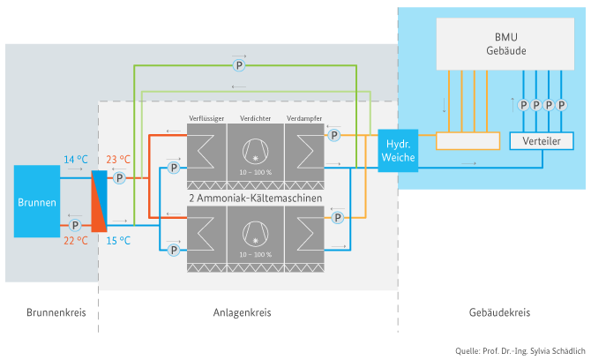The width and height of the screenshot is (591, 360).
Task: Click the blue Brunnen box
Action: click(37, 201)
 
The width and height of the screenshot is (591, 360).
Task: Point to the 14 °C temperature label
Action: click(76, 160)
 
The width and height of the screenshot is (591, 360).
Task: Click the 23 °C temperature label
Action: click(118, 160)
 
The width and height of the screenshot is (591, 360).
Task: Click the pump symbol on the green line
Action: click(237, 65)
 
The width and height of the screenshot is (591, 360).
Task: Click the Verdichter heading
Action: click(255, 117)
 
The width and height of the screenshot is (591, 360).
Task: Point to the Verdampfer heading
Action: click(303, 117)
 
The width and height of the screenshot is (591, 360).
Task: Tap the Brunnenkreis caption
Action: click(50, 312)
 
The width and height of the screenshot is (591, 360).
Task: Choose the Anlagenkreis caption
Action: click(242, 312)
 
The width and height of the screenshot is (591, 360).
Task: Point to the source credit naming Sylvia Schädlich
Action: click(518, 351)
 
